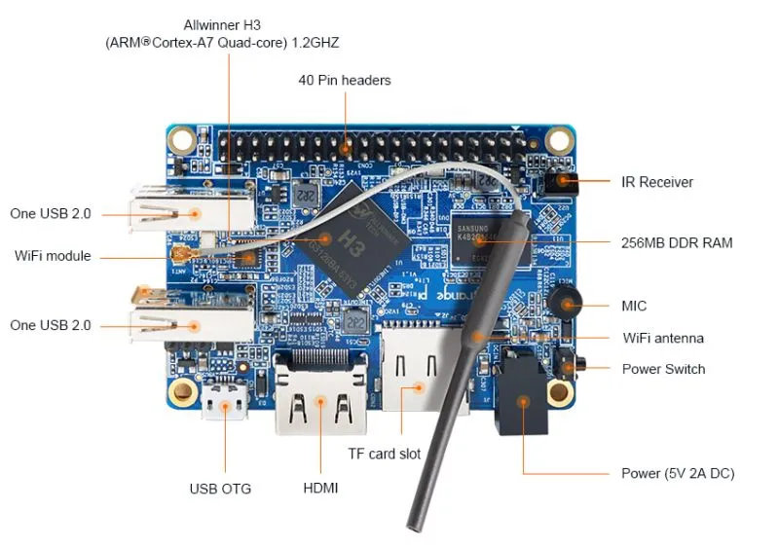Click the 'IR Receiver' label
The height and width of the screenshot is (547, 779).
[x=657, y=182]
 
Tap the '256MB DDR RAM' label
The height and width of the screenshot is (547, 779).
[x=677, y=242]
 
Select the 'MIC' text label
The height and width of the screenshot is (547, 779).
[x=634, y=306]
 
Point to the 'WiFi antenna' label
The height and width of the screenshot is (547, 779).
[x=663, y=338]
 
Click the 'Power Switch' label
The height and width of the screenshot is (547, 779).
[x=663, y=369]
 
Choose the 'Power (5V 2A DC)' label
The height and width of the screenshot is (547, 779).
[x=678, y=474]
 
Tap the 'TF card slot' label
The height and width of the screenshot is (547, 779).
[x=385, y=454]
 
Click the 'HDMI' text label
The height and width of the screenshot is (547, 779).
[x=320, y=488]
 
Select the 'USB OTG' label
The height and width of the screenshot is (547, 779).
[x=220, y=489]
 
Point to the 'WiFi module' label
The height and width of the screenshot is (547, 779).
[x=53, y=256]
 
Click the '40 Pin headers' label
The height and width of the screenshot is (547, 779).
[x=345, y=80]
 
